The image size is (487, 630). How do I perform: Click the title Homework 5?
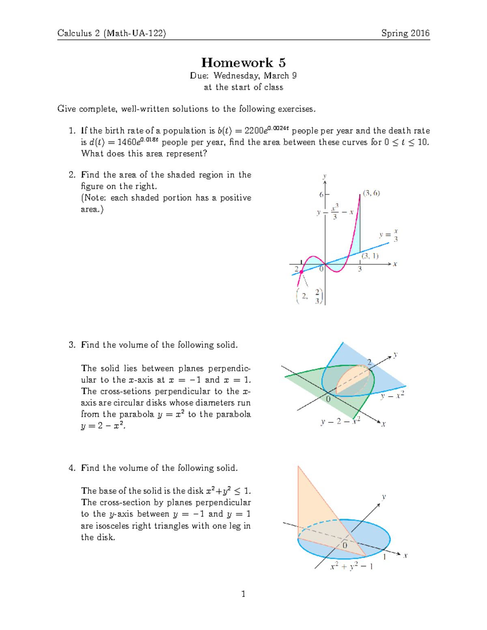tap(243, 62)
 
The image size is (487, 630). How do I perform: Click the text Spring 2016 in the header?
tap(405, 33)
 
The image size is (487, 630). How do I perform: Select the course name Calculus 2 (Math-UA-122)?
tap(112, 33)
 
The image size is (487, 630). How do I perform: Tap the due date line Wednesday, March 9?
tap(243, 75)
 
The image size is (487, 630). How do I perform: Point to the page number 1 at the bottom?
tap(243, 594)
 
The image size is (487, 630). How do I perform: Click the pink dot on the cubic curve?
tap(301, 271)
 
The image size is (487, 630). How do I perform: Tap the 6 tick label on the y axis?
tap(321, 195)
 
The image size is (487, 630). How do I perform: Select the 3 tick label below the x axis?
tap(360, 269)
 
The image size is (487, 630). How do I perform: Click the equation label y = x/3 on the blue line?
tap(388, 235)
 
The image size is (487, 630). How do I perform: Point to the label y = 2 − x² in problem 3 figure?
tap(340, 421)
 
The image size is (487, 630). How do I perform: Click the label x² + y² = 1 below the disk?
tap(351, 566)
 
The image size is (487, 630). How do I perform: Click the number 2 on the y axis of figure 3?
tap(369, 361)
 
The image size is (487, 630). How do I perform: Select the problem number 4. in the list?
tap(72, 468)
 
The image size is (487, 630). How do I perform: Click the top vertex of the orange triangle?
tap(298, 467)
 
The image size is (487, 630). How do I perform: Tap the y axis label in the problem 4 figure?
tap(384, 497)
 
